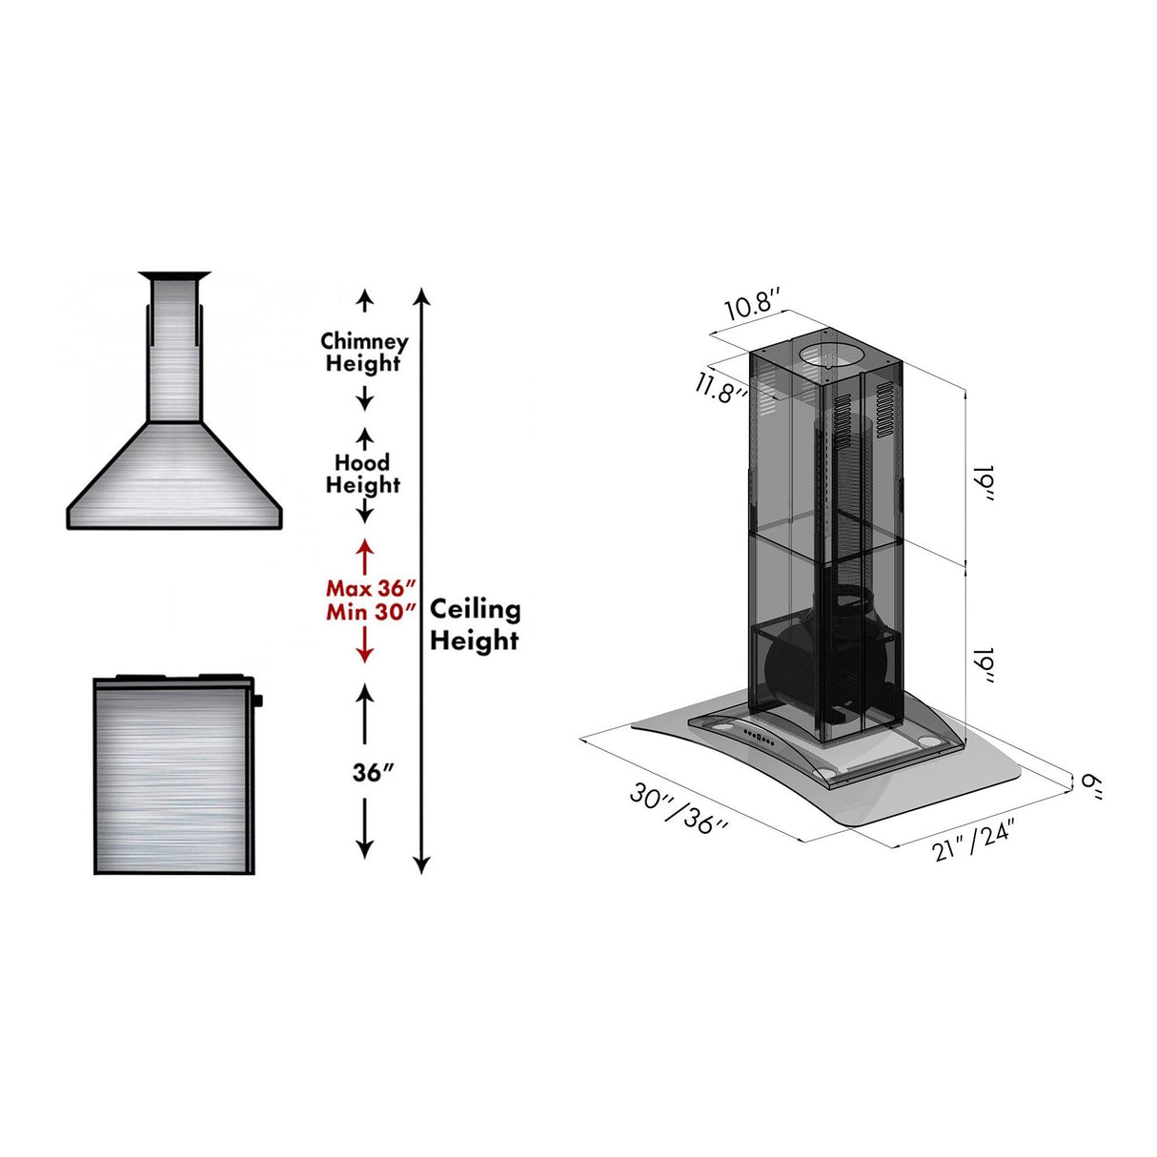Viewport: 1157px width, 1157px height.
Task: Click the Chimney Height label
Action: pyautogui.click(x=364, y=352)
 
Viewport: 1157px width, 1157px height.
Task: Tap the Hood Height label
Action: pyautogui.click(x=363, y=474)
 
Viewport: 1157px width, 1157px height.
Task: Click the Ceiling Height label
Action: pyautogui.click(x=475, y=624)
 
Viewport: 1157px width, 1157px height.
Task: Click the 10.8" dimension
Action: pyautogui.click(x=753, y=307)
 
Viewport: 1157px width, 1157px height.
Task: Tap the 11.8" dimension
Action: pyautogui.click(x=720, y=388)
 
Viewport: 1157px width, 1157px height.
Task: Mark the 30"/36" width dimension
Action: pyautogui.click(x=679, y=809)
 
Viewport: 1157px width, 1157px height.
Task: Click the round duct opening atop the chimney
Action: pyautogui.click(x=833, y=355)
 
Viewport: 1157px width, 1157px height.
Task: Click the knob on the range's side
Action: pyautogui.click(x=258, y=701)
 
